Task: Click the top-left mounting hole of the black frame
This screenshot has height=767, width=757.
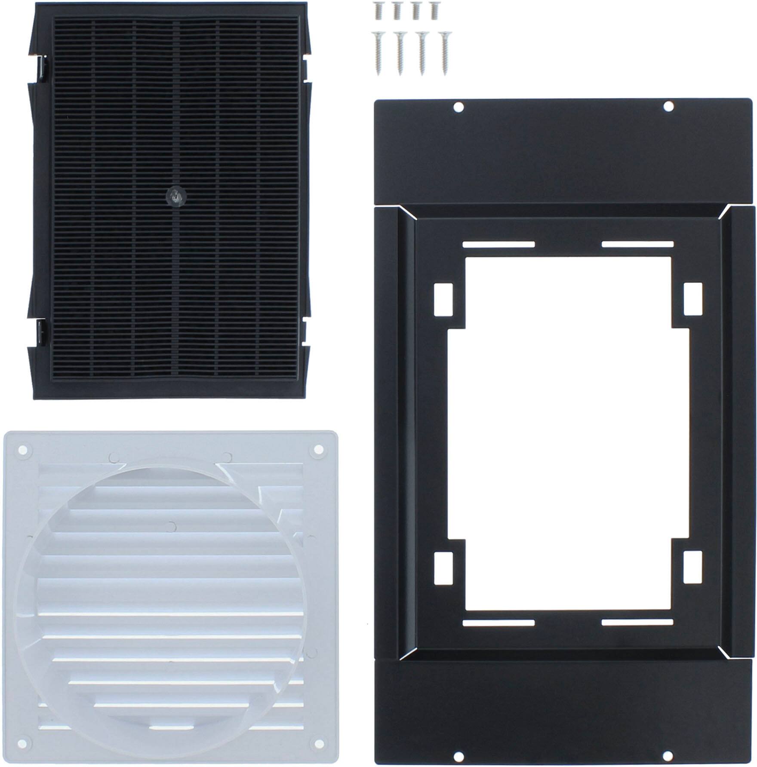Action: click(x=459, y=106)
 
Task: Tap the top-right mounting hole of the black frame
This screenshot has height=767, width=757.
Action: click(x=668, y=106)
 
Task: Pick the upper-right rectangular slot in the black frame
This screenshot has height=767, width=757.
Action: click(x=692, y=298)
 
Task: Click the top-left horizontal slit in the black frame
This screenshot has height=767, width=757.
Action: click(x=498, y=245)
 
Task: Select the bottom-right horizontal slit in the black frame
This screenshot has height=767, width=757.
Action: click(x=637, y=622)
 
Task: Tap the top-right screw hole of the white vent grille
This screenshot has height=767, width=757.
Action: click(x=318, y=450)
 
